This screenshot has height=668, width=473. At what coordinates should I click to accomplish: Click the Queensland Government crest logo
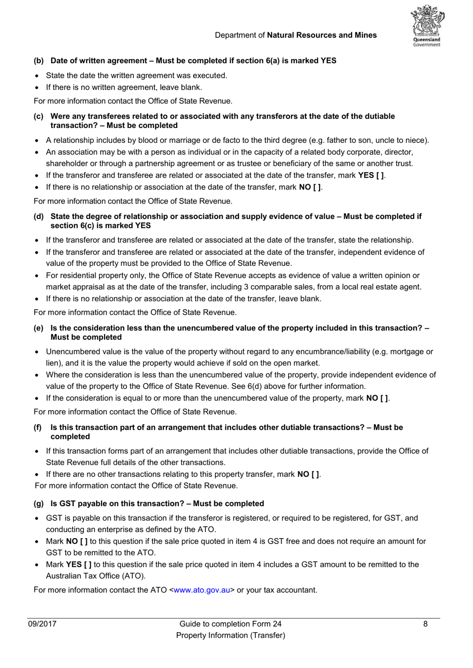pyautogui.click(x=427, y=26)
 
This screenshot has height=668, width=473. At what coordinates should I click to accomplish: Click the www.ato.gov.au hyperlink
pyautogui.click(x=202, y=590)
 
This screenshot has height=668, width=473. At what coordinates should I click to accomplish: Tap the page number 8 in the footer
pyautogui.click(x=425, y=624)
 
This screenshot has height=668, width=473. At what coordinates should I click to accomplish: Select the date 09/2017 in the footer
pyautogui.click(x=42, y=624)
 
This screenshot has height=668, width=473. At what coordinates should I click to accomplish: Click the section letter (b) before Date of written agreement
pyautogui.click(x=38, y=61)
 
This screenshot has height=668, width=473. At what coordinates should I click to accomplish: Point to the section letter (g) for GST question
pyautogui.click(x=38, y=503)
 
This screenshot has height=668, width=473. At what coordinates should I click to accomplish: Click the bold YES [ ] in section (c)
pyautogui.click(x=371, y=175)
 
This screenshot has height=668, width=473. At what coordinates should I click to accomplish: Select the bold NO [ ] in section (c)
pyautogui.click(x=310, y=187)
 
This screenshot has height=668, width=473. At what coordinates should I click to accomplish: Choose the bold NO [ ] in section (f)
pyautogui.click(x=309, y=474)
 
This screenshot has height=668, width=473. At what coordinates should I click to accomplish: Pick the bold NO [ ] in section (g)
pyautogui.click(x=77, y=541)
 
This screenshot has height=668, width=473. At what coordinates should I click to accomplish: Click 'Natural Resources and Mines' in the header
pyautogui.click(x=322, y=35)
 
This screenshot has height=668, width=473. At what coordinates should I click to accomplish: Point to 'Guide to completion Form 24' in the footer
pyautogui.click(x=230, y=624)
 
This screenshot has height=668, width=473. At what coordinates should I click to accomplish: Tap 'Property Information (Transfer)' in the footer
pyautogui.click(x=230, y=635)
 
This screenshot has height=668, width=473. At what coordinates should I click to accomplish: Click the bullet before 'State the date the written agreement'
pyautogui.click(x=37, y=76)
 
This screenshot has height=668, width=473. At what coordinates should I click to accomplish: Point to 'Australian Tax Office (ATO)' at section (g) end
pyautogui.click(x=95, y=576)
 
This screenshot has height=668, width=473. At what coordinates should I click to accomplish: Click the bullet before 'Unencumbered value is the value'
pyautogui.click(x=37, y=352)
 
